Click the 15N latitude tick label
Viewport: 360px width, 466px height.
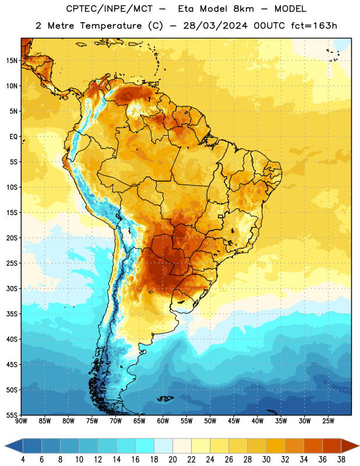12,61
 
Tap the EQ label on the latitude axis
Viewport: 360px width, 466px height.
13,137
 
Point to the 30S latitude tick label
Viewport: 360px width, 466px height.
12,288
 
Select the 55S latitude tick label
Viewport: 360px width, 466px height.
12,415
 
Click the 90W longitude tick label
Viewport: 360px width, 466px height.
21,421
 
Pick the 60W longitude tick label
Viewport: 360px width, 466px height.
163,421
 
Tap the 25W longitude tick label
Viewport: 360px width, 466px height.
328,421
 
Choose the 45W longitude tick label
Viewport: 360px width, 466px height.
234,421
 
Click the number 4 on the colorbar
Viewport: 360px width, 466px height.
23,460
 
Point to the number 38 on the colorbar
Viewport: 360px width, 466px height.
341,460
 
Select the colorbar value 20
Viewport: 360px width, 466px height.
172,460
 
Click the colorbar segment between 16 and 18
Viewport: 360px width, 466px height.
144,446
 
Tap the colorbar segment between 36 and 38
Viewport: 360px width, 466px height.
332,446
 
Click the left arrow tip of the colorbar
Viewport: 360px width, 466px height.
5,446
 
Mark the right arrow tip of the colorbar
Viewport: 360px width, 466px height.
359,446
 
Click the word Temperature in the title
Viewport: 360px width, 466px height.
111,26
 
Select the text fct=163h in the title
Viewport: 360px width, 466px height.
314,26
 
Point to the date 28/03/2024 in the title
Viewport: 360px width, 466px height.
215,26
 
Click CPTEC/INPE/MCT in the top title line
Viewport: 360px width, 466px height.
109,9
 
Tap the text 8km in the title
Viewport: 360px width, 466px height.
243,9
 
